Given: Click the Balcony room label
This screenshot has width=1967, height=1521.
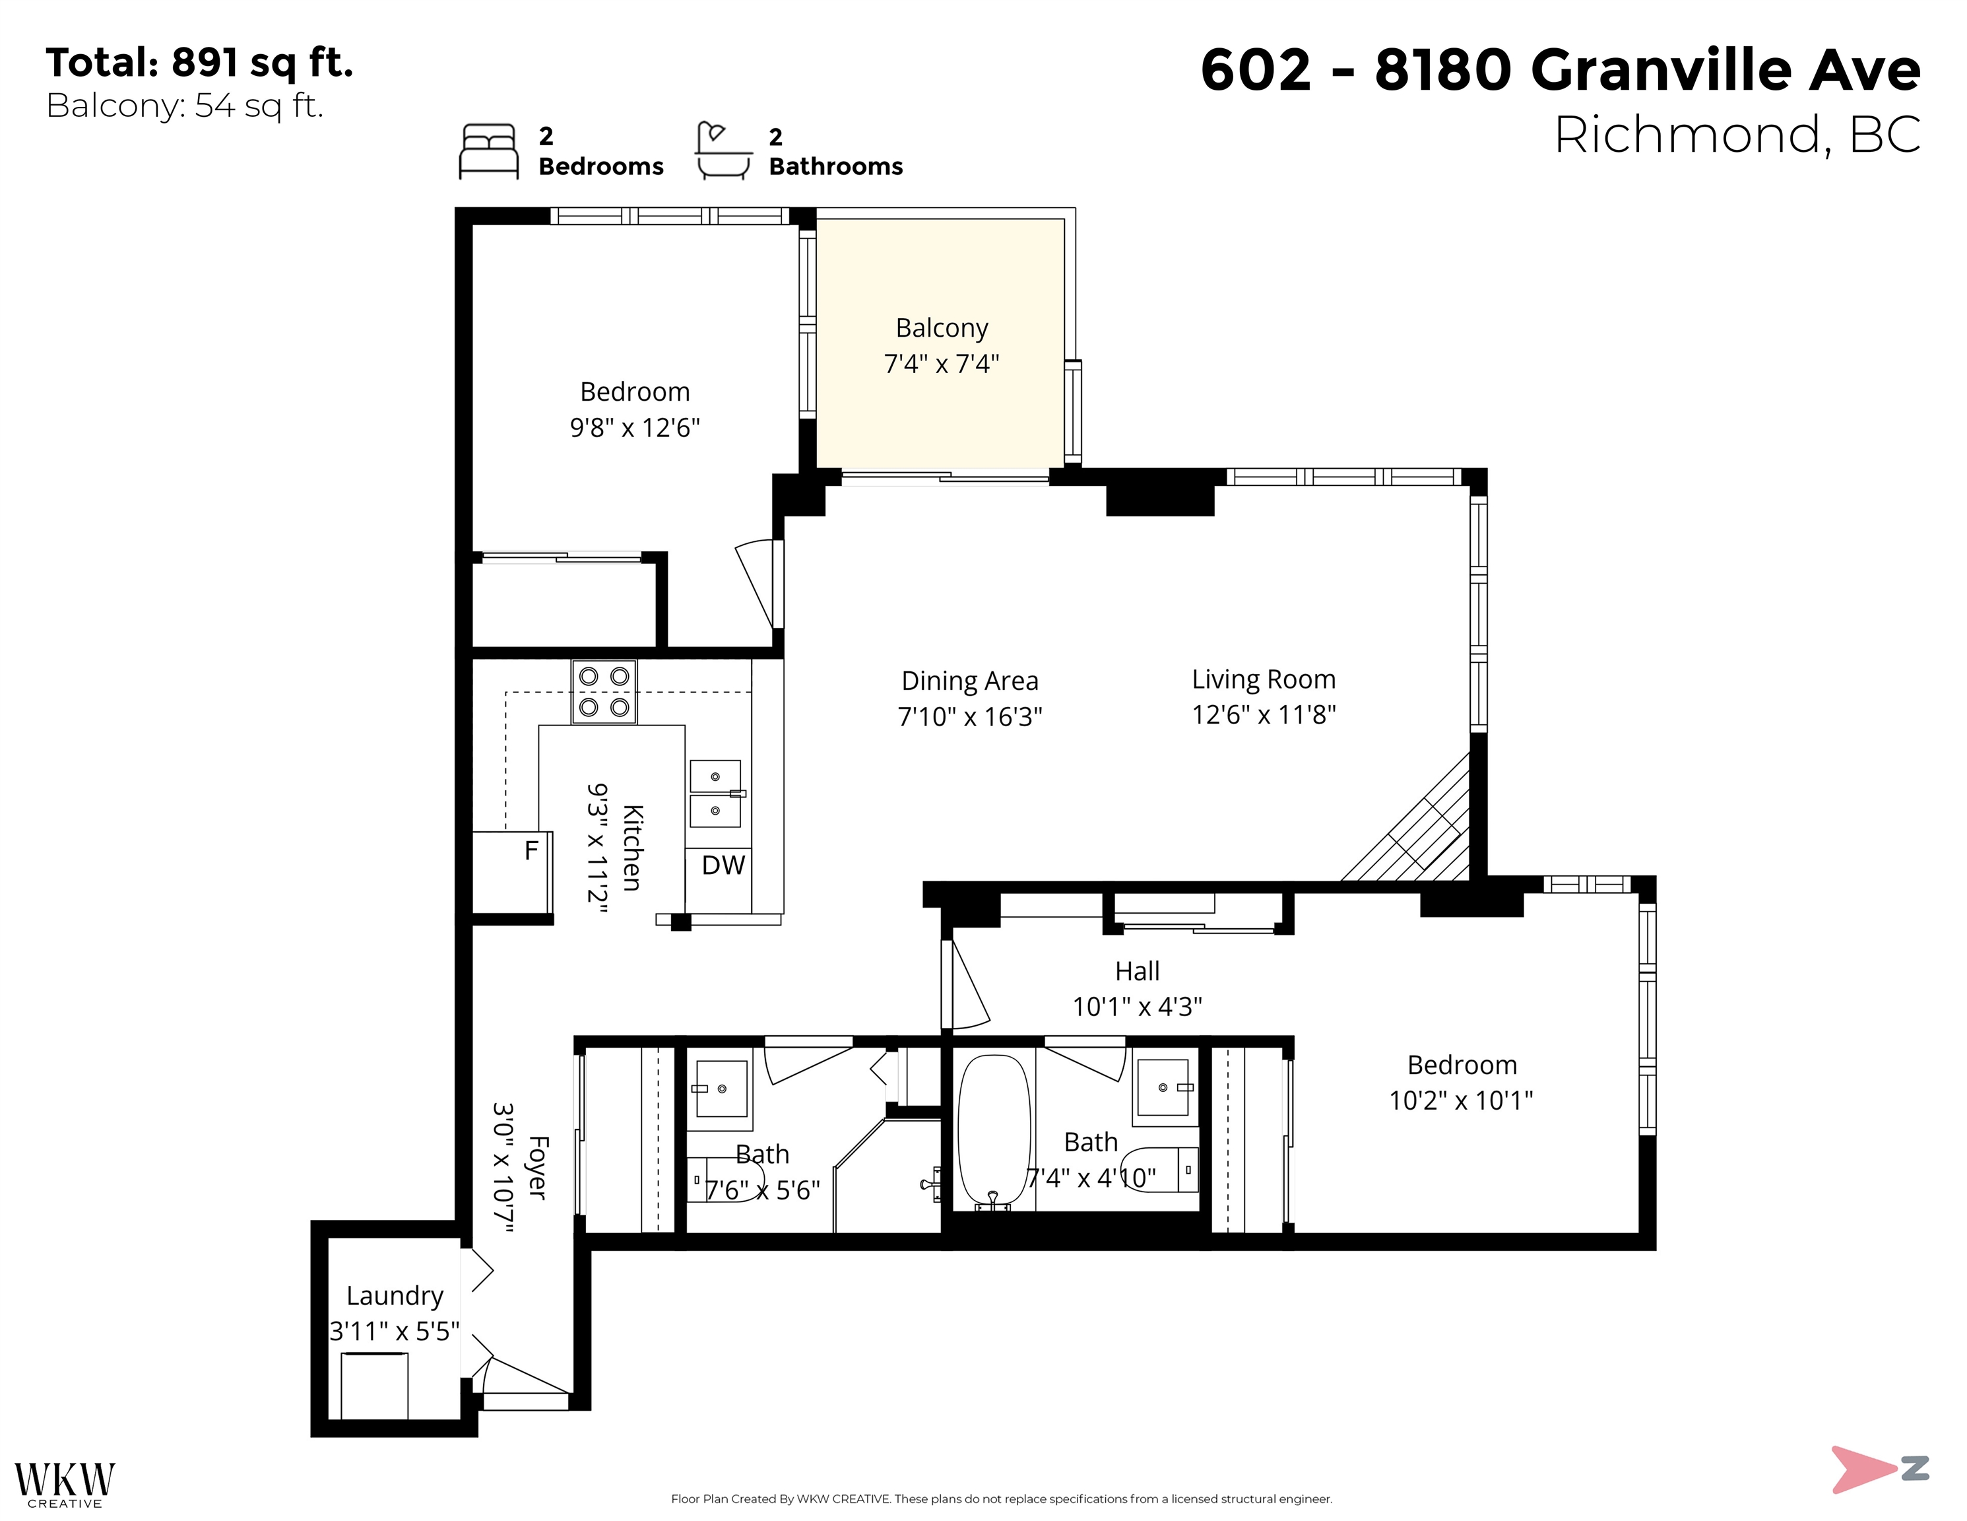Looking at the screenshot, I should (x=941, y=328).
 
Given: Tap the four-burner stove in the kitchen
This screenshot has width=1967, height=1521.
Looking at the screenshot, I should (x=604, y=692).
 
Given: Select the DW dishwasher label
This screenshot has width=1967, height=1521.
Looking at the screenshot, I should (x=723, y=865).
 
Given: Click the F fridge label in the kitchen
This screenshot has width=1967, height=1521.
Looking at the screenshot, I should (x=531, y=850).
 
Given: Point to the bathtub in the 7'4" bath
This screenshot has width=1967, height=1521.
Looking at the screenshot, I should (x=994, y=1130).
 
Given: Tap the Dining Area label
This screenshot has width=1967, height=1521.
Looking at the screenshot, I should (x=969, y=681).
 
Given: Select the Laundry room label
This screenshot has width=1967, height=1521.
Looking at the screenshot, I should (x=395, y=1296).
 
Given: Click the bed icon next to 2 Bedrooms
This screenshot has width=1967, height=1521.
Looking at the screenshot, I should (x=489, y=151).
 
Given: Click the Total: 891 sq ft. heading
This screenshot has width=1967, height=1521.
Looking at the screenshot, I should (x=199, y=63).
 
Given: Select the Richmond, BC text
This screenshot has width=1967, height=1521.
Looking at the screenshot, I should (x=1737, y=135).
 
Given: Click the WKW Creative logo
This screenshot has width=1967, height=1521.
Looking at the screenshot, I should (x=65, y=1483).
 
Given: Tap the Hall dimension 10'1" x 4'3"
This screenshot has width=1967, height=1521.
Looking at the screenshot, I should (x=1137, y=1007).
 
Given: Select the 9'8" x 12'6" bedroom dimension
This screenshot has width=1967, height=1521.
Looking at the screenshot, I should (x=634, y=427).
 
